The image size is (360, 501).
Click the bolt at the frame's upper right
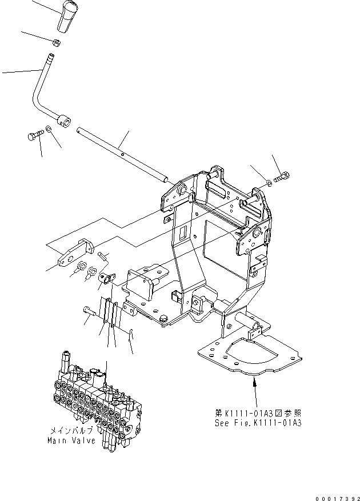pyautogui.click(x=282, y=178)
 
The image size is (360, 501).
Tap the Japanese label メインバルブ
pyautogui.click(x=71, y=431)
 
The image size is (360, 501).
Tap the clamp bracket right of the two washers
pyautogui.click(x=105, y=278)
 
